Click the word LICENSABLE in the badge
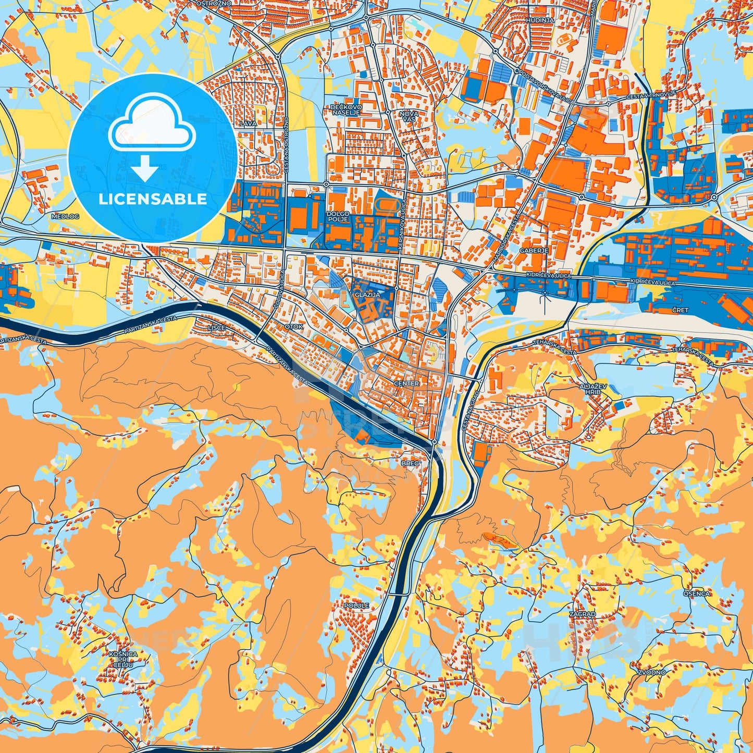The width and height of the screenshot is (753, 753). pos(152,199)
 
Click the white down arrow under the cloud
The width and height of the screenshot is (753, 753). pos(145,169)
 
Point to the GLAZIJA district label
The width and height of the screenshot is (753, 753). pos(367,294)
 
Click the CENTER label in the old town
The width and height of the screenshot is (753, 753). pos(406,384)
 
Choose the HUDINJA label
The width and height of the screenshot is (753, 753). pos(540,20)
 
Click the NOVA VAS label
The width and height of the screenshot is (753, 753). pos(409,116)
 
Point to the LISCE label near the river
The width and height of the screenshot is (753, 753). pos(216,327)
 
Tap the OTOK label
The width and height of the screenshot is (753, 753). pos(294,327)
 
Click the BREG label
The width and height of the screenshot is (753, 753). pos(410,463)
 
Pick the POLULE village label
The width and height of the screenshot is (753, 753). pos(356,606)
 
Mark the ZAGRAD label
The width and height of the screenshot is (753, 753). pos(582,614)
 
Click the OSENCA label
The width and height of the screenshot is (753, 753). pos(696,594)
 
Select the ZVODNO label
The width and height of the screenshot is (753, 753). pos(651,672)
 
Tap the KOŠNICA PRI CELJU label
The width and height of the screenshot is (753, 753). pos(124,659)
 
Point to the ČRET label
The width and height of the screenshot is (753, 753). pos(680,310)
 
